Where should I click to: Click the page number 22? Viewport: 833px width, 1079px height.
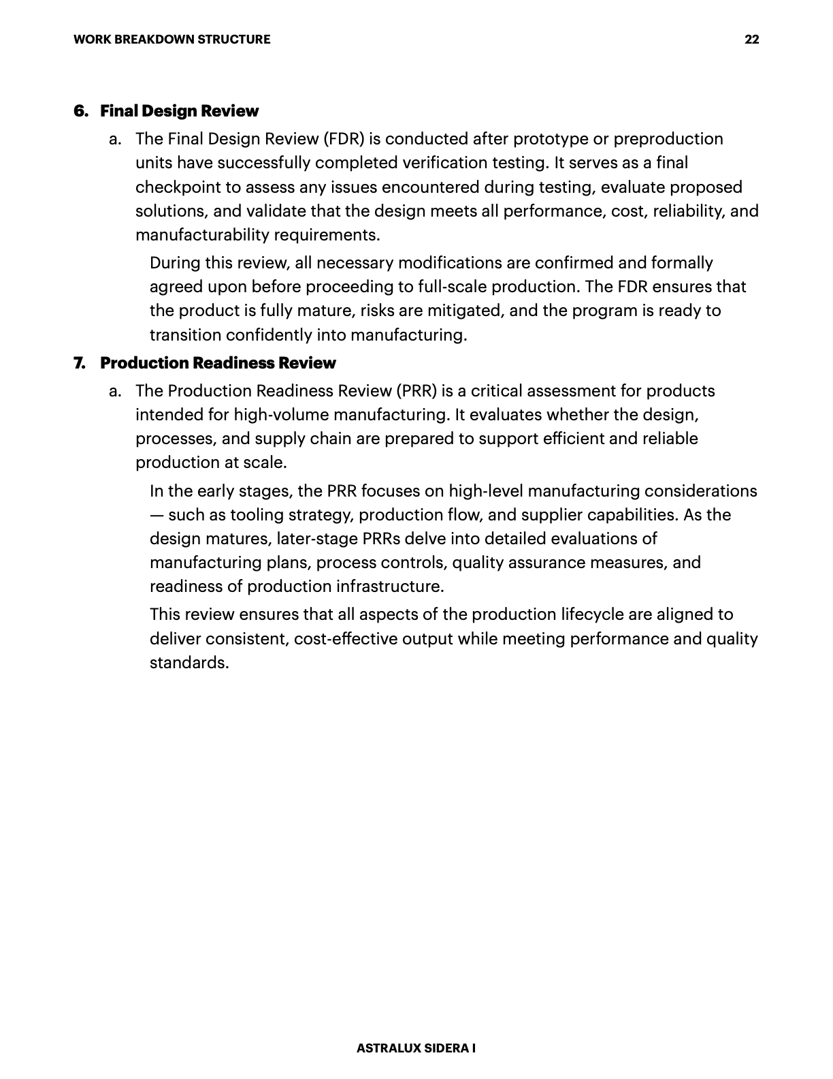click(751, 40)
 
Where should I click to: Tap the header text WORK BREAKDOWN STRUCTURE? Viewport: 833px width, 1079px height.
click(171, 40)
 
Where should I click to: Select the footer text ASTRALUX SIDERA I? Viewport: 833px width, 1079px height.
click(416, 1048)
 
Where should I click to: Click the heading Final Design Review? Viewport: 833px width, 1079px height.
click(180, 111)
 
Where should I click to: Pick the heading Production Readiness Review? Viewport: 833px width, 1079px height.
click(218, 363)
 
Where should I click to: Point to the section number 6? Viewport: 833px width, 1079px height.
click(80, 111)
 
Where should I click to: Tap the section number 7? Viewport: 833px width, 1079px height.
click(80, 363)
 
